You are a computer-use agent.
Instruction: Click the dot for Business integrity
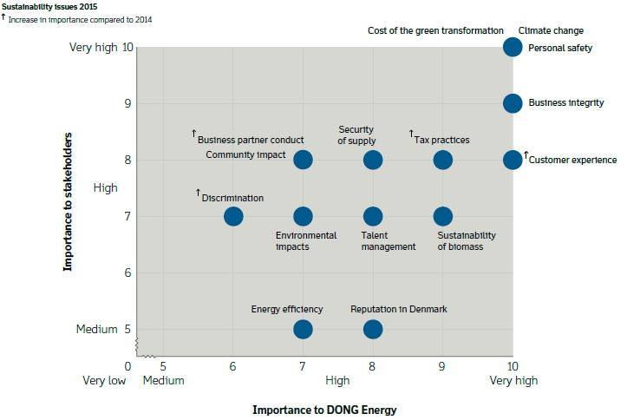(x=513, y=103)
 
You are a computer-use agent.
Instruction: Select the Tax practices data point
(x=442, y=160)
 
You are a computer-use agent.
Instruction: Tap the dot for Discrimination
(x=233, y=216)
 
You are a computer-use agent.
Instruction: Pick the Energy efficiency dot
(x=303, y=329)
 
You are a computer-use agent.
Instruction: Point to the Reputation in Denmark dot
(x=373, y=329)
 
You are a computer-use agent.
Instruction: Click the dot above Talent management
(x=373, y=216)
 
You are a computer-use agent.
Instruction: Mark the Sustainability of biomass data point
(x=442, y=216)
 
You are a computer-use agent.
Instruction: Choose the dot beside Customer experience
(x=513, y=160)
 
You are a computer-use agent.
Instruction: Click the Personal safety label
(x=559, y=48)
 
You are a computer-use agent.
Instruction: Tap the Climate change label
(x=551, y=30)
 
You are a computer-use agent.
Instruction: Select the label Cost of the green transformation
(x=435, y=30)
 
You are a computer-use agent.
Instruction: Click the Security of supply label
(x=356, y=135)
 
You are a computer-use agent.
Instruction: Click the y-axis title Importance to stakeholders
(x=67, y=201)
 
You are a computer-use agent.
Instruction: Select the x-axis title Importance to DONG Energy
(x=324, y=409)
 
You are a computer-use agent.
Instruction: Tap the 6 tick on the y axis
(x=128, y=272)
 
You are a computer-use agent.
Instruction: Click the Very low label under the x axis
(x=105, y=380)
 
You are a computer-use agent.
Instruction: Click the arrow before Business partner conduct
(x=194, y=133)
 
